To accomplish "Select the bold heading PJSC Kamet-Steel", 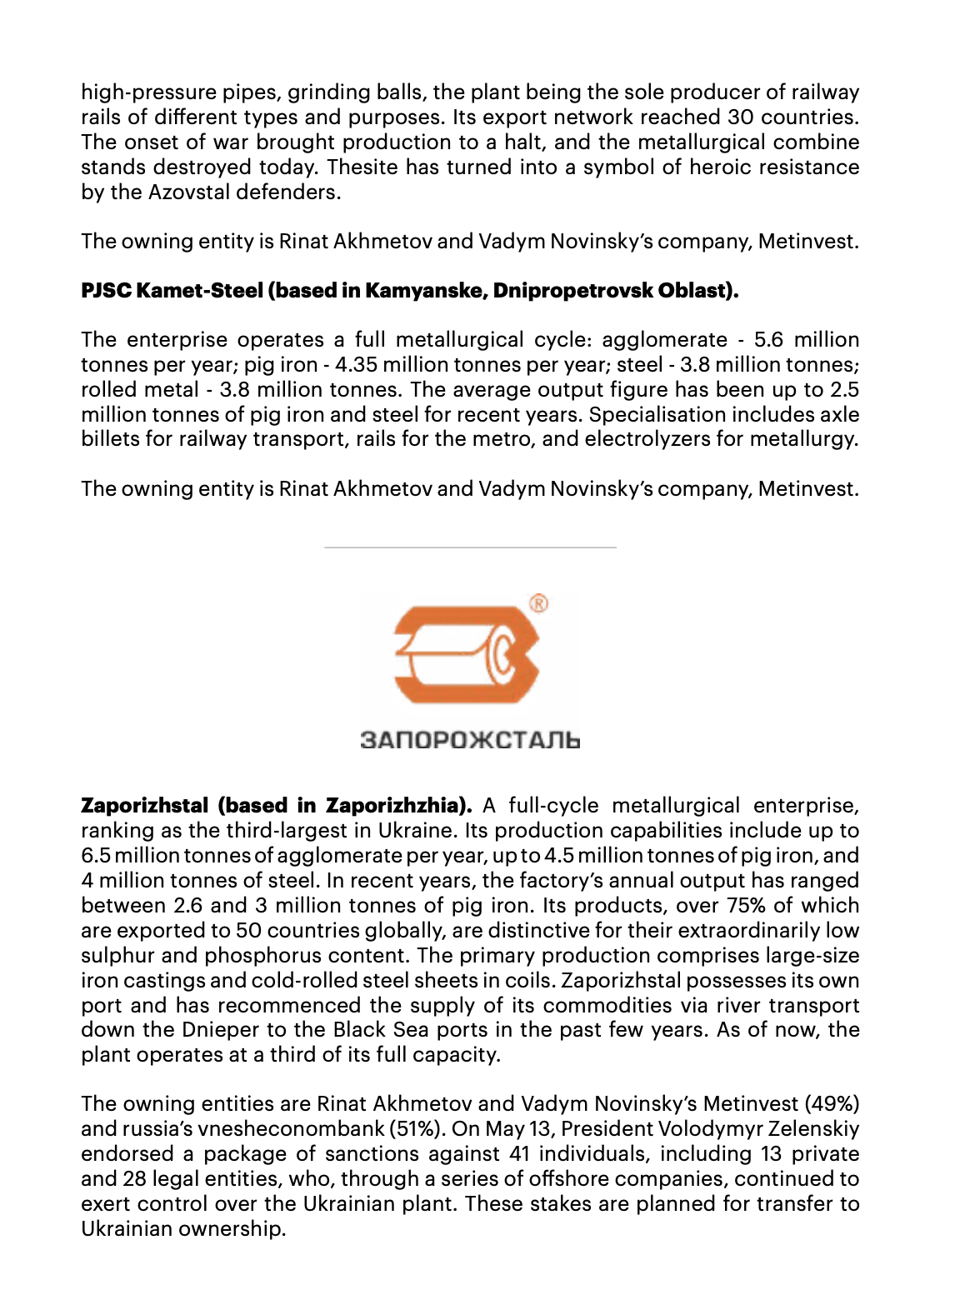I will pyautogui.click(x=172, y=291).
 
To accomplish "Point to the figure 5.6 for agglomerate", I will pyautogui.click(x=768, y=340).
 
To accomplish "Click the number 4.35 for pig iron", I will pyautogui.click(x=356, y=365).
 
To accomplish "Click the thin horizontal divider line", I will pyautogui.click(x=470, y=547).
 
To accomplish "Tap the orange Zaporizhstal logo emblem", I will pyautogui.click(x=467, y=655).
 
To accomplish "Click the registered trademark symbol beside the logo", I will pyautogui.click(x=538, y=602).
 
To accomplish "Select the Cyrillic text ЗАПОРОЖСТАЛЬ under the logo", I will pyautogui.click(x=470, y=740).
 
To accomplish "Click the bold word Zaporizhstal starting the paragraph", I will pyautogui.click(x=144, y=806).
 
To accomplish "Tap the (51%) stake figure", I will pyautogui.click(x=415, y=1129).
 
